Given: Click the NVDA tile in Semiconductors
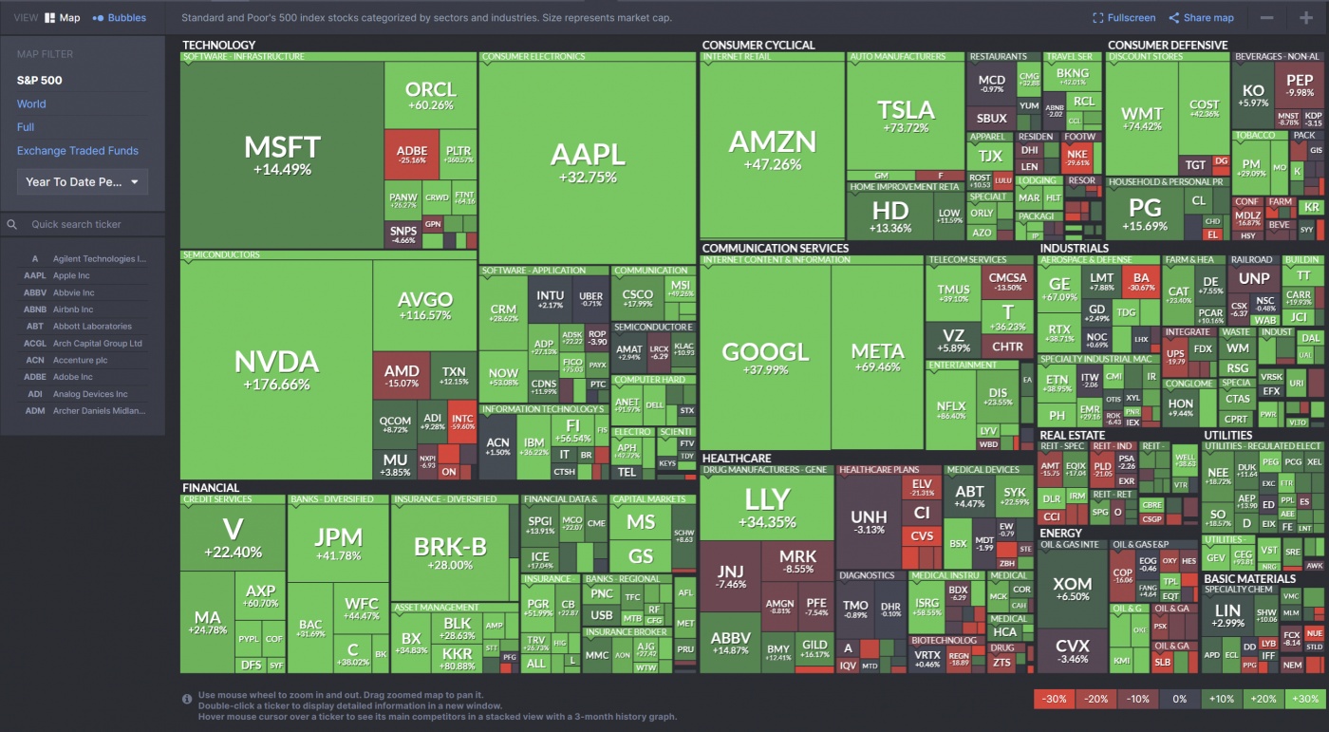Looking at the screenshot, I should point(276,370).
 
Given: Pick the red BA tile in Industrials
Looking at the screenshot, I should point(1140,283).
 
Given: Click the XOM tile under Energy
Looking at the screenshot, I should point(1072,590).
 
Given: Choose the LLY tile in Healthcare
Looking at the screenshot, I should point(767,507).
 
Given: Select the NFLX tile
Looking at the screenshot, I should point(950,410).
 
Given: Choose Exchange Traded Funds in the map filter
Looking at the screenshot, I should point(78,151).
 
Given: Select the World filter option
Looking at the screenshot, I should point(31,104).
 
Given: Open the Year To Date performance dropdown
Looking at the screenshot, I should point(83,182).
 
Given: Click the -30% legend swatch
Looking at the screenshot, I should point(1054,699).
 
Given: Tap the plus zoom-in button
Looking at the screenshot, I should point(1306,17).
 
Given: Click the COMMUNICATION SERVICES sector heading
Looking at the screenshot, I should point(775,249).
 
